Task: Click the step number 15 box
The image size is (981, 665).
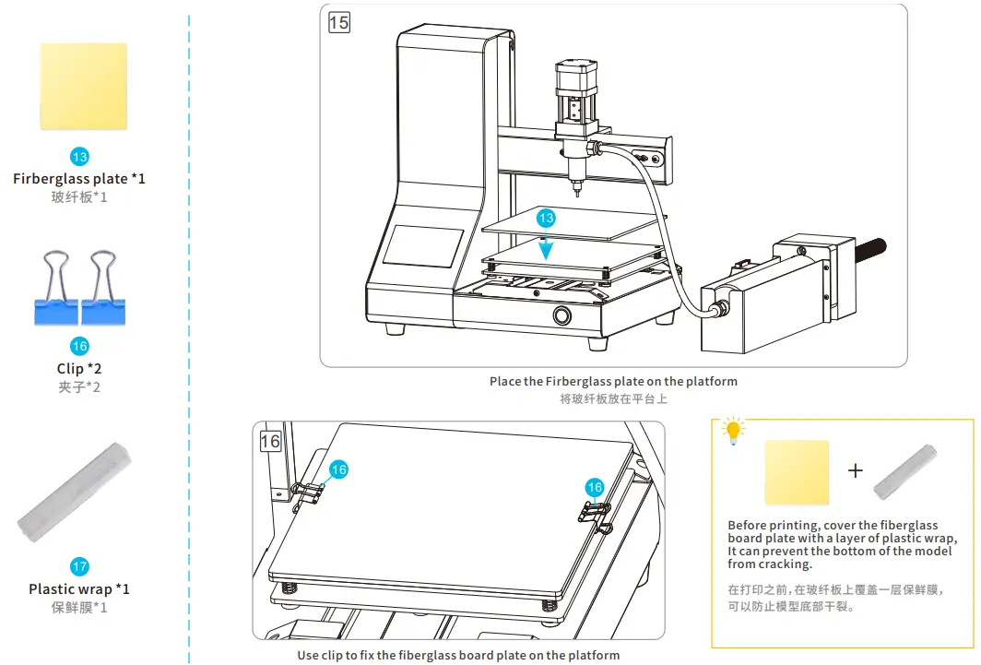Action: (339, 21)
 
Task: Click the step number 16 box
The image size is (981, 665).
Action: (269, 441)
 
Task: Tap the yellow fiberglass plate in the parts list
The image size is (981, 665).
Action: (83, 87)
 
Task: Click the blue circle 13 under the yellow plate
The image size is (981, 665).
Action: (79, 158)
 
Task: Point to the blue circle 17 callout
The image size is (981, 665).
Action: (79, 567)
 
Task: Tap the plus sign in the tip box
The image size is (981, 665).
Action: (856, 470)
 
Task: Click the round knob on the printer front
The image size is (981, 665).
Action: (561, 316)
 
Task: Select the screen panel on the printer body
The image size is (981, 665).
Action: (422, 248)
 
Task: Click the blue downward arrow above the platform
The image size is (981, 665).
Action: (547, 245)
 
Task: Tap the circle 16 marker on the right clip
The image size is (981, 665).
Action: (595, 487)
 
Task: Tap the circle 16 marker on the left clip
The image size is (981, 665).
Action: (339, 469)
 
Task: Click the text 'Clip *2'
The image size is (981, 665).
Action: (79, 368)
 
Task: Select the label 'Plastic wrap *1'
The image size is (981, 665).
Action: (79, 588)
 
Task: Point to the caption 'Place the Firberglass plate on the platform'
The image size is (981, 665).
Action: (613, 381)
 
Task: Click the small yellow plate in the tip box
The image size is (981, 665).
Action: (797, 472)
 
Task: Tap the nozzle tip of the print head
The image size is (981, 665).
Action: (578, 194)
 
